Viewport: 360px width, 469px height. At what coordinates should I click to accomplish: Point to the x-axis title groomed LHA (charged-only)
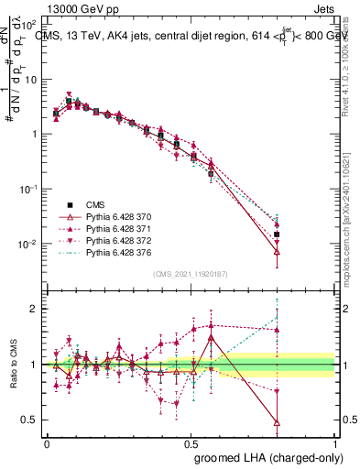[x=265, y=456]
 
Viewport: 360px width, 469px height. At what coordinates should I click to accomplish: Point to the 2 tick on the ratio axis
[x=36, y=309]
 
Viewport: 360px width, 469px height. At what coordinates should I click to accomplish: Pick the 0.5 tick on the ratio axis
[x=32, y=420]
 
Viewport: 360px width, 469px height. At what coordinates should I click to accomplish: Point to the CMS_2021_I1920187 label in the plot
[x=191, y=274]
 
